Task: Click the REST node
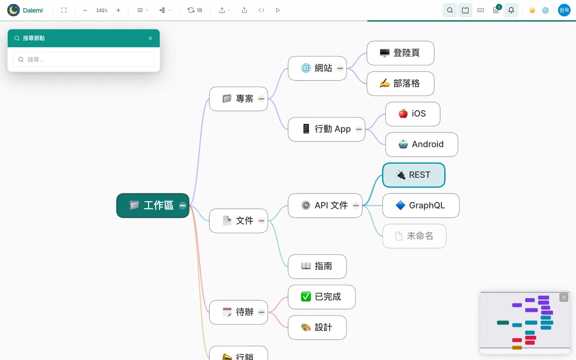414,175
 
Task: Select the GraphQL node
421,206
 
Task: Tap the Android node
422,144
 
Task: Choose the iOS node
413,114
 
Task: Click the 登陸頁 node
400,53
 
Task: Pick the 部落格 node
400,84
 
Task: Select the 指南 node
317,266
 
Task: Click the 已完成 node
322,297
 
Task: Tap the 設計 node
317,328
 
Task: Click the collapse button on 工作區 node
183,206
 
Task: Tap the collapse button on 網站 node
340,68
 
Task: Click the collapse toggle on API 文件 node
356,206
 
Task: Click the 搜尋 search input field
84,60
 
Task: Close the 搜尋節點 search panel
150,38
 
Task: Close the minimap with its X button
564,297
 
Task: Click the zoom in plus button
118,10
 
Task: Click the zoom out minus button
85,10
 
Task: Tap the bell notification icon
511,10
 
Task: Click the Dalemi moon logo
13,10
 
